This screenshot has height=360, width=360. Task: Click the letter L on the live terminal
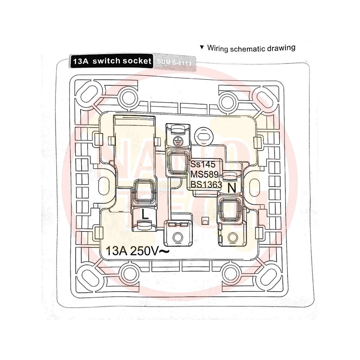[144, 213]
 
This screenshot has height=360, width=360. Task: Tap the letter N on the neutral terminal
[231, 188]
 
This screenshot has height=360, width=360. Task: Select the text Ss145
[202, 164]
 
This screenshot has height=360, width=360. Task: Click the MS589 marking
[204, 174]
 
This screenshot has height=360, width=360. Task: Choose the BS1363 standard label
[206, 184]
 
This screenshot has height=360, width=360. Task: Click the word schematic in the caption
[248, 48]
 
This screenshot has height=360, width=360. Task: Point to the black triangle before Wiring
[201, 47]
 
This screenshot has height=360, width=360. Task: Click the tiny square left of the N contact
[204, 221]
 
